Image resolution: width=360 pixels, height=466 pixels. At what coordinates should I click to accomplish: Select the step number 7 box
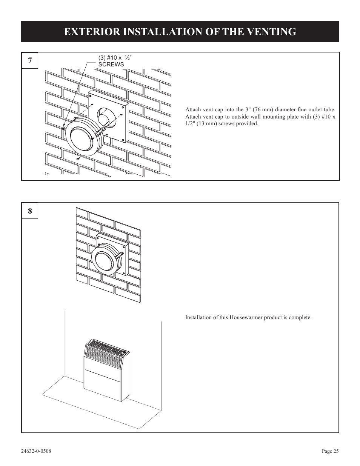coord(30,61)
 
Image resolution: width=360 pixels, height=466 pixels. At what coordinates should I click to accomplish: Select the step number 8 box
coord(30,211)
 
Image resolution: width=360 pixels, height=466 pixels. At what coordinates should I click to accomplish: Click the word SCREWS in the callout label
coord(111,65)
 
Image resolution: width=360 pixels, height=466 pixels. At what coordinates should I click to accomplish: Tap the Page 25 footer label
coord(330,451)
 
